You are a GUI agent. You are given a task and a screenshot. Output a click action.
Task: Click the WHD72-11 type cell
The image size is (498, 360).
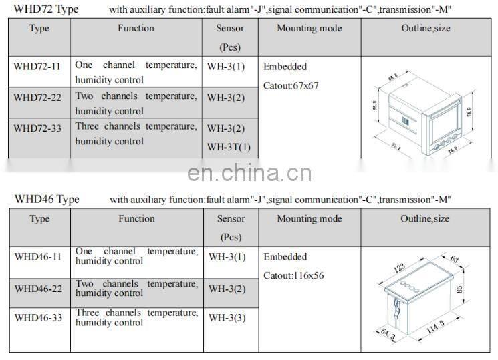tap(37, 67)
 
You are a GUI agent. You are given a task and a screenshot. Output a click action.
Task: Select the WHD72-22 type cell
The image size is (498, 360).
tap(37, 98)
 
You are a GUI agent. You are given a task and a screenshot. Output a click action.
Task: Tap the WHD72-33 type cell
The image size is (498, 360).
tap(37, 128)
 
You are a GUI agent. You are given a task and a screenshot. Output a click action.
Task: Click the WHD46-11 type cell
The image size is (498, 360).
tap(39, 256)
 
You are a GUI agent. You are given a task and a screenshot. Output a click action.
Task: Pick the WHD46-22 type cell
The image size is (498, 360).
tap(39, 289)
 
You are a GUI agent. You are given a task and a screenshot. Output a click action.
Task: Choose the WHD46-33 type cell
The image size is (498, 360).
tap(39, 318)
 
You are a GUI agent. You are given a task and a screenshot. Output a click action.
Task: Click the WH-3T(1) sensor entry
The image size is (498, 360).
tap(229, 147)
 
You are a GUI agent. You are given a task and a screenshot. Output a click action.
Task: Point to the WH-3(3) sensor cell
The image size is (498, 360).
tap(227, 318)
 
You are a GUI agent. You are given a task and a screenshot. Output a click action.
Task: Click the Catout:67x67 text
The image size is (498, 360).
tap(291, 85)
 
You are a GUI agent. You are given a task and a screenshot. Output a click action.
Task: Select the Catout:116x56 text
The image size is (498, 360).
tap(294, 275)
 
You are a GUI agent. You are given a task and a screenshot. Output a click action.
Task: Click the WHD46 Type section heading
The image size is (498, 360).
tap(47, 199)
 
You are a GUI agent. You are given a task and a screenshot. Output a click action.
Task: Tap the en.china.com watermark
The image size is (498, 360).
tap(249, 174)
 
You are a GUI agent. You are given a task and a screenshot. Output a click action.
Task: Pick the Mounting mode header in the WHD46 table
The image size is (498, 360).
tap(309, 218)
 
